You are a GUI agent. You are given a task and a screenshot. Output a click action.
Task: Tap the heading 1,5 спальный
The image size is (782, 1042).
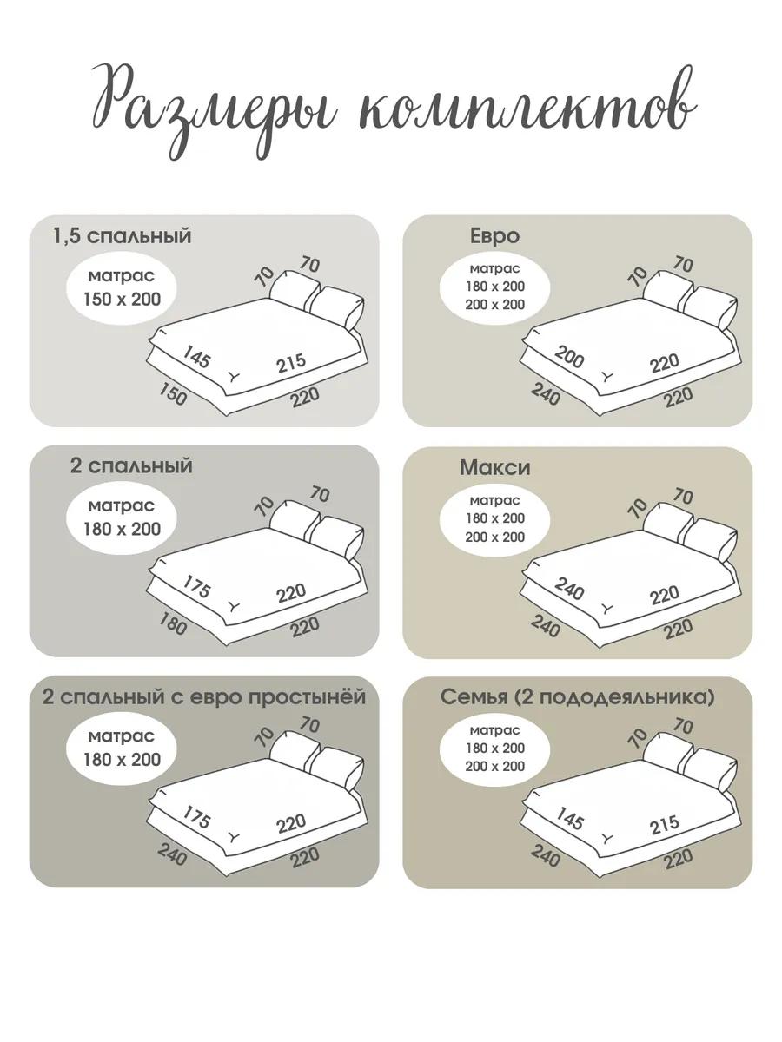[x=122, y=236]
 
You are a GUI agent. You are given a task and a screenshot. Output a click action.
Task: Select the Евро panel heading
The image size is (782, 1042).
[x=494, y=236]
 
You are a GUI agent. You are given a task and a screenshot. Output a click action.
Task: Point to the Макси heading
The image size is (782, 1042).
[x=494, y=468]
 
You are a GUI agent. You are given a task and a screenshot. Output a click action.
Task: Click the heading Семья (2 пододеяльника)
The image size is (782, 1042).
[x=577, y=698]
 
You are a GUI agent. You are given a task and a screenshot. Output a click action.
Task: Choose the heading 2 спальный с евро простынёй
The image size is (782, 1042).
[x=204, y=697]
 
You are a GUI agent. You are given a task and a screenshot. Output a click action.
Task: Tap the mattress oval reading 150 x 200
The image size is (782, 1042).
[x=122, y=288]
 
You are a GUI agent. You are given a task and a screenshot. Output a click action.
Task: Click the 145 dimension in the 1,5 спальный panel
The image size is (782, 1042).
[x=196, y=357]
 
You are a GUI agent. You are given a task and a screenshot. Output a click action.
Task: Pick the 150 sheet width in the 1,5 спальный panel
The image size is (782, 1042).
[x=172, y=394]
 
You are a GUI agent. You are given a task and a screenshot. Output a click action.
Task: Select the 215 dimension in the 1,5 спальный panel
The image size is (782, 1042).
[x=292, y=363]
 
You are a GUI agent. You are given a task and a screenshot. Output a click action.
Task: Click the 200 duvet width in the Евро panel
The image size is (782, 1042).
[x=569, y=358]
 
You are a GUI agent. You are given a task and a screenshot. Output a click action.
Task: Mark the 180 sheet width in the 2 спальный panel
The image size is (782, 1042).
[x=172, y=623]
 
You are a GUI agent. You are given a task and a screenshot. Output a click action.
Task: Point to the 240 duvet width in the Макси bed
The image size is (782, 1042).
[x=569, y=589]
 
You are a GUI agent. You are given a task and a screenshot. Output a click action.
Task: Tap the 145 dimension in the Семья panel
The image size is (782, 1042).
[x=569, y=819]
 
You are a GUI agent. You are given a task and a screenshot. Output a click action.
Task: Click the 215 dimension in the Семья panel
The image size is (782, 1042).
[x=665, y=825]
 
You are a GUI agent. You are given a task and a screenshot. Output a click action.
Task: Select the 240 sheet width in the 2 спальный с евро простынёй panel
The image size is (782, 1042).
[x=172, y=854]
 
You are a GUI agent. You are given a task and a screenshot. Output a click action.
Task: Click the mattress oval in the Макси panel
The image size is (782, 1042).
[x=494, y=519]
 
